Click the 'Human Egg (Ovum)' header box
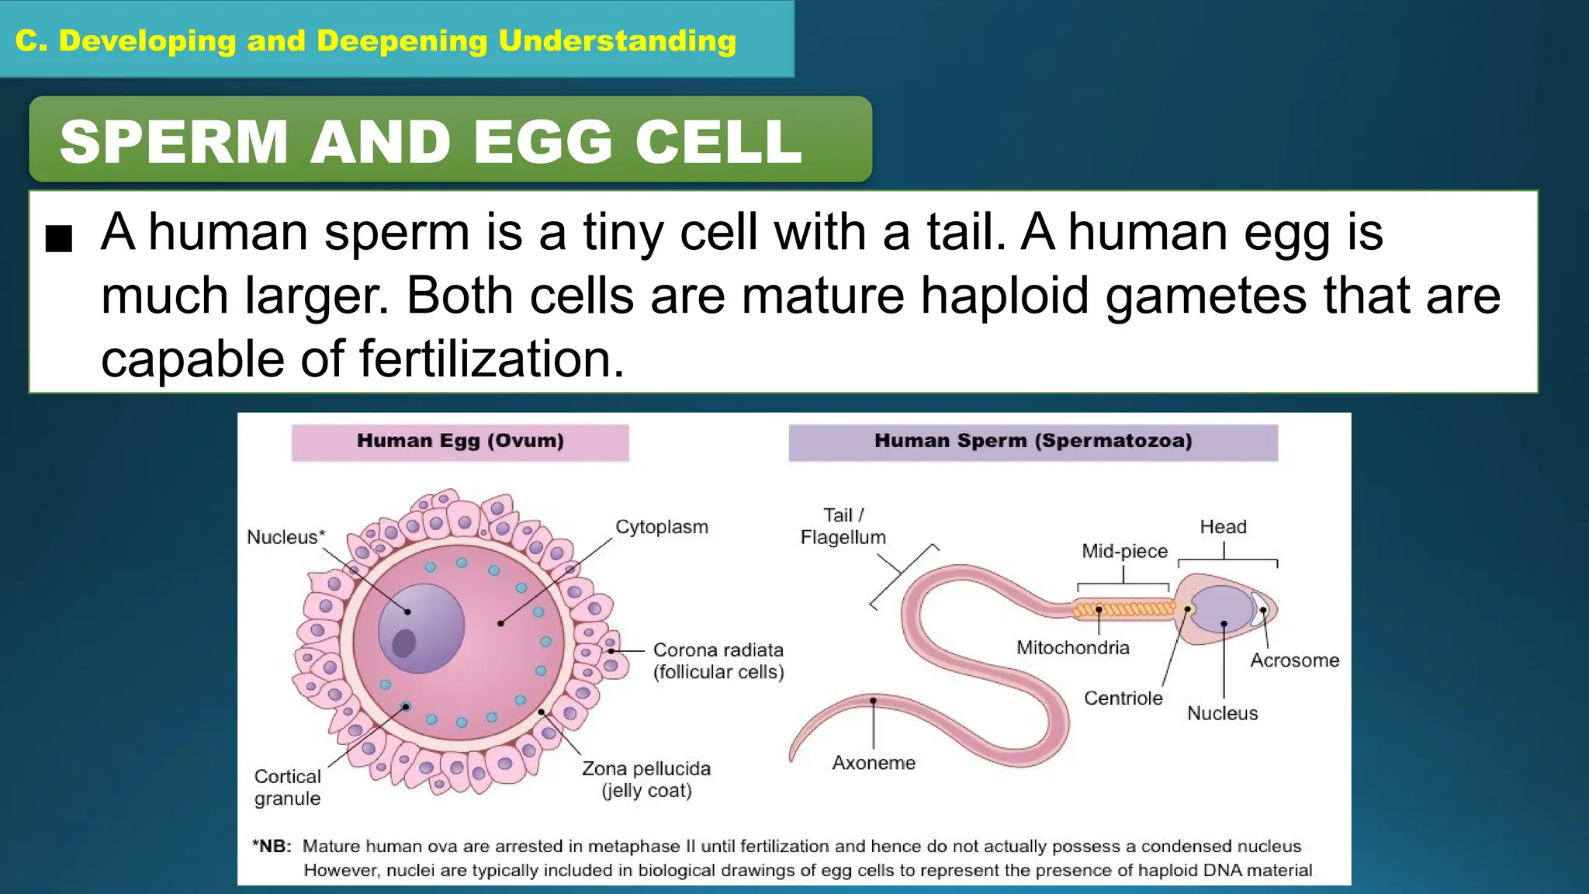point(460,442)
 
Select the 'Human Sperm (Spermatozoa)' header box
point(1033,442)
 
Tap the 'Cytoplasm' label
point(662,527)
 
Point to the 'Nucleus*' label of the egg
point(286,537)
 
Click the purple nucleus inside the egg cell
point(421,627)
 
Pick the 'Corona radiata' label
point(718,650)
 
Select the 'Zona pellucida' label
point(646,769)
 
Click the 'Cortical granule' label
point(287,788)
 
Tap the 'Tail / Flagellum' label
point(843,526)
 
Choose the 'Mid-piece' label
point(1124,551)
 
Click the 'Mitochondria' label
point(1073,648)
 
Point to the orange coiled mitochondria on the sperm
point(1123,609)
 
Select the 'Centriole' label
point(1123,698)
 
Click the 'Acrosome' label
point(1294,660)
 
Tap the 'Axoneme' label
point(874,763)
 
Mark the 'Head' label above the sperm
point(1223,527)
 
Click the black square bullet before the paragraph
point(59,238)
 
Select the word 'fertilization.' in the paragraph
point(491,359)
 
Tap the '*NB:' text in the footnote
point(272,847)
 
